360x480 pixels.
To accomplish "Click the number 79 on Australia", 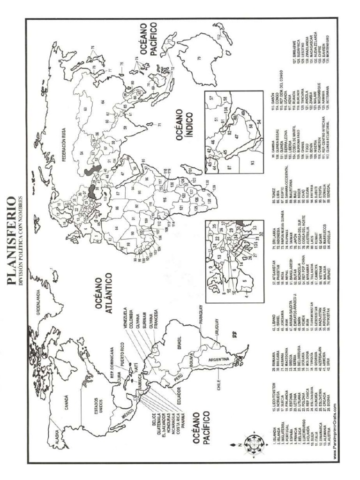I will [199, 58].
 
